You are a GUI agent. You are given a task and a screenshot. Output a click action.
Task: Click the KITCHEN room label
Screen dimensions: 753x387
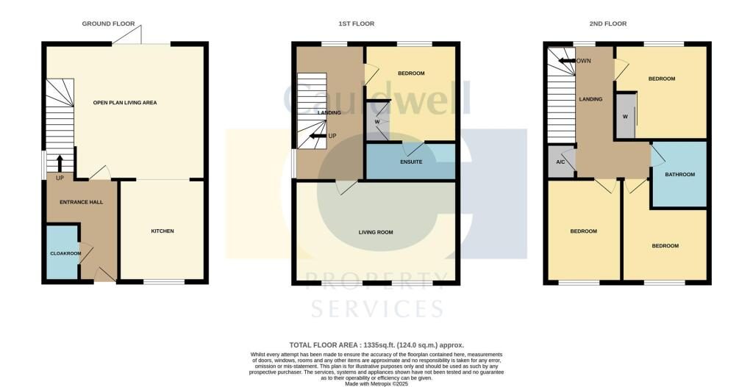tap(163, 231)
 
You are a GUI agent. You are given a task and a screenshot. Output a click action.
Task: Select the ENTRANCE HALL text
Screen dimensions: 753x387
tap(81, 203)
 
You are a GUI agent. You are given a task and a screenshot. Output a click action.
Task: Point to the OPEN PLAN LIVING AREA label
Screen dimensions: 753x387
tap(125, 103)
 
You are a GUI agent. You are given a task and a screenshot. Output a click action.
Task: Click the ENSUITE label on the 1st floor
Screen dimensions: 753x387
tap(411, 162)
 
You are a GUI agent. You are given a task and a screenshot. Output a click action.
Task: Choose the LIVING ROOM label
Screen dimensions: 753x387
tap(376, 233)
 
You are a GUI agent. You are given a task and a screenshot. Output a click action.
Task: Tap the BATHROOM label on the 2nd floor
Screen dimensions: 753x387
tap(679, 175)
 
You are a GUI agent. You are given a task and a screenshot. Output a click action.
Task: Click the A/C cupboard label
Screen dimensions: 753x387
tap(560, 162)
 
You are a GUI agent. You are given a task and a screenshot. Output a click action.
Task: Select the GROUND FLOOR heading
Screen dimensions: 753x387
tap(108, 23)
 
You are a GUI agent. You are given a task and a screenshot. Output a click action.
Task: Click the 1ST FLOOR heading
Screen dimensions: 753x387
tap(356, 23)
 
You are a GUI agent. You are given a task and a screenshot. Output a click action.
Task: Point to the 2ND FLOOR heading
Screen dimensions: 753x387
tap(607, 23)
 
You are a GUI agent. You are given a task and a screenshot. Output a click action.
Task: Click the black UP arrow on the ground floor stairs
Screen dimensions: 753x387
tap(60, 163)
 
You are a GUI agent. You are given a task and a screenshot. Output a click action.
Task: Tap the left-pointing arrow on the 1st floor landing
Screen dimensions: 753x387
tap(318, 136)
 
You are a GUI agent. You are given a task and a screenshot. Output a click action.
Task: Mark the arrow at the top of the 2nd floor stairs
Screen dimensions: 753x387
tap(567, 61)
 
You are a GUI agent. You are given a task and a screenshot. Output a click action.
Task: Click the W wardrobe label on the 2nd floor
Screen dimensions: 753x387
tap(625, 116)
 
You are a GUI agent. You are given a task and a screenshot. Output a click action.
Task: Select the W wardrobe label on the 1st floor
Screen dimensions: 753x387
tap(377, 122)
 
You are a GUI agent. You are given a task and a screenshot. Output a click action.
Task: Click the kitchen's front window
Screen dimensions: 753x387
tap(164, 282)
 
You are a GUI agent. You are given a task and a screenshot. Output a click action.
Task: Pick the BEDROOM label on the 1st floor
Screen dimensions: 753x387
tap(411, 73)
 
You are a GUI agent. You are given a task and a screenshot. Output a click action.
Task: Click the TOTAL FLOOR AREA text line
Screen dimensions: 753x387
tap(376, 345)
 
